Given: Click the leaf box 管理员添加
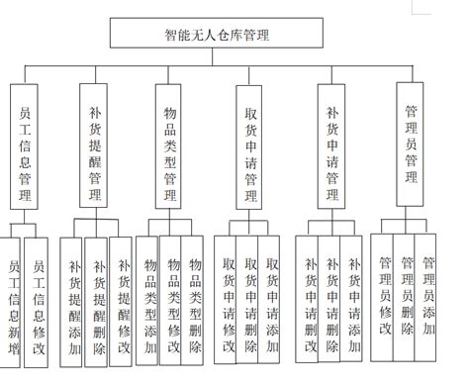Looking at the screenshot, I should point(428,293).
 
